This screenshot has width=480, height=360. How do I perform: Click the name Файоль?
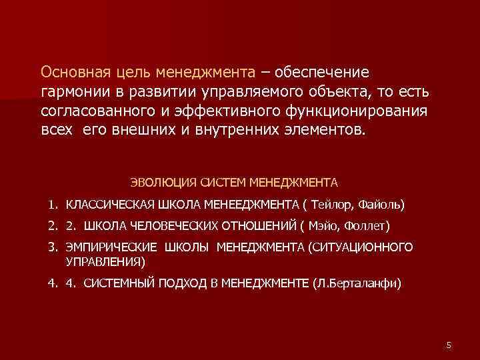pos(380,203)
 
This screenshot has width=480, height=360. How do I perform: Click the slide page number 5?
pos(449,345)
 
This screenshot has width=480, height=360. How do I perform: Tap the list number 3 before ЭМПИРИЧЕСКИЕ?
pos(51,247)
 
